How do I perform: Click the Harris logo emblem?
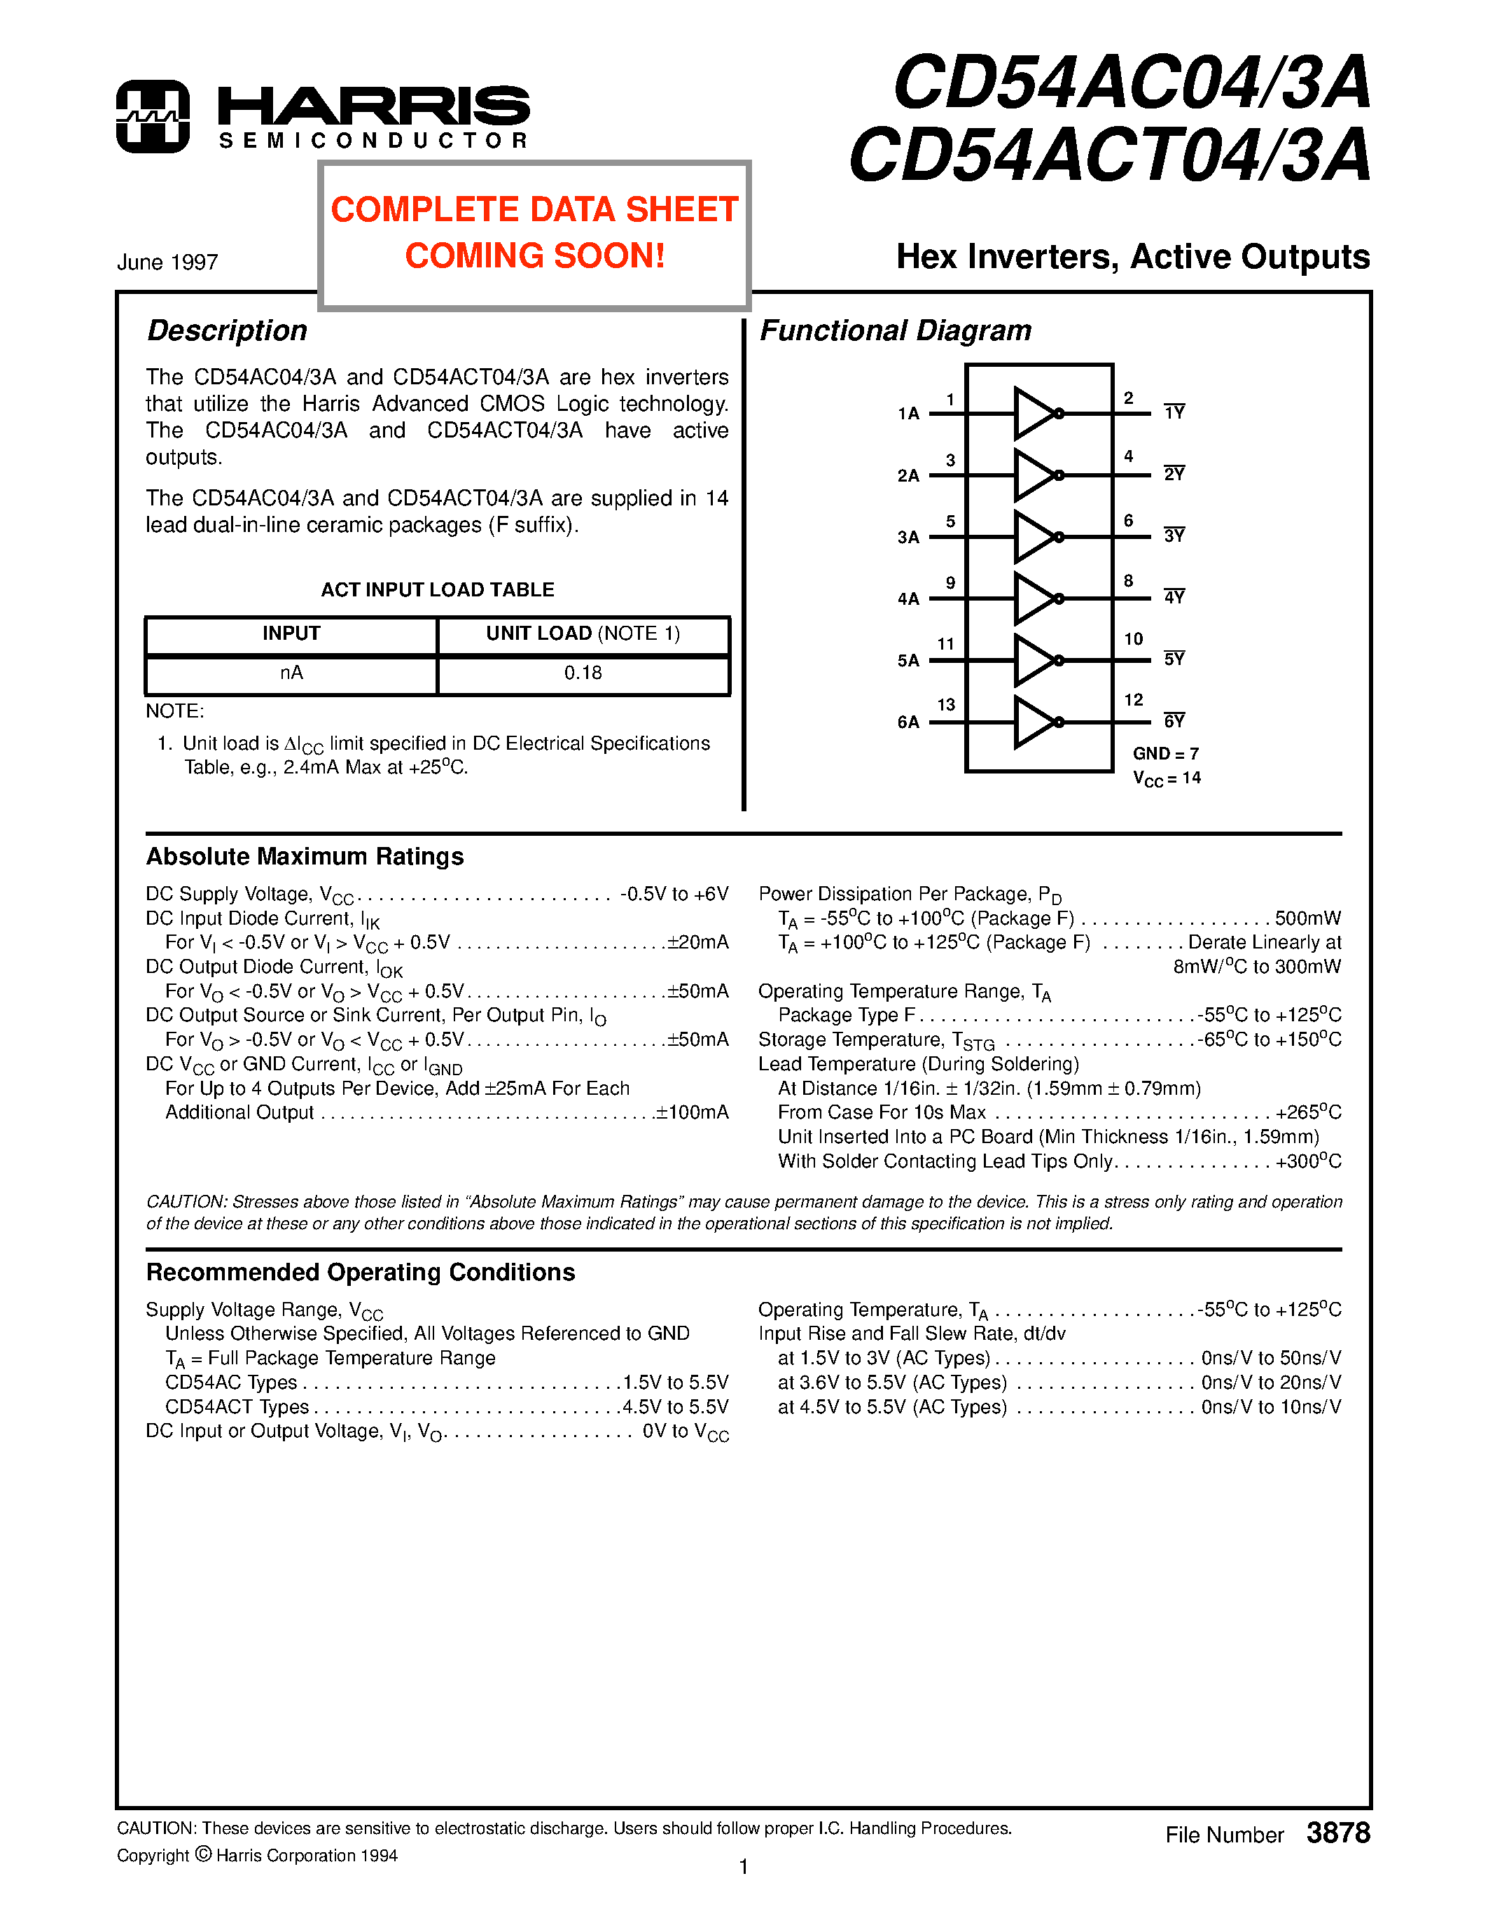pos(153,116)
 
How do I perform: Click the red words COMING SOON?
pos(534,255)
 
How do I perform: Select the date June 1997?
pos(167,262)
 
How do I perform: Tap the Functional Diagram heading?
pos(895,330)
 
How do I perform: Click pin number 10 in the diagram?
pos(1133,639)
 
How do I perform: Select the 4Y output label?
pos(1174,598)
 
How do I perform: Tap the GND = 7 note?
pos(1165,754)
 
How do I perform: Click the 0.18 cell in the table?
pos(583,673)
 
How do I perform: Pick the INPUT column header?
pos(291,633)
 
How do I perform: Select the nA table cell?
pos(291,673)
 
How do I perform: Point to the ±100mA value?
pos(692,1113)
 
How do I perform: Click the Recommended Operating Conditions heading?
pos(360,1273)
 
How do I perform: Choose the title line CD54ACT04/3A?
pos(1109,155)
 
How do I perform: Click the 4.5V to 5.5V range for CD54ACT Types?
pos(675,1408)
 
